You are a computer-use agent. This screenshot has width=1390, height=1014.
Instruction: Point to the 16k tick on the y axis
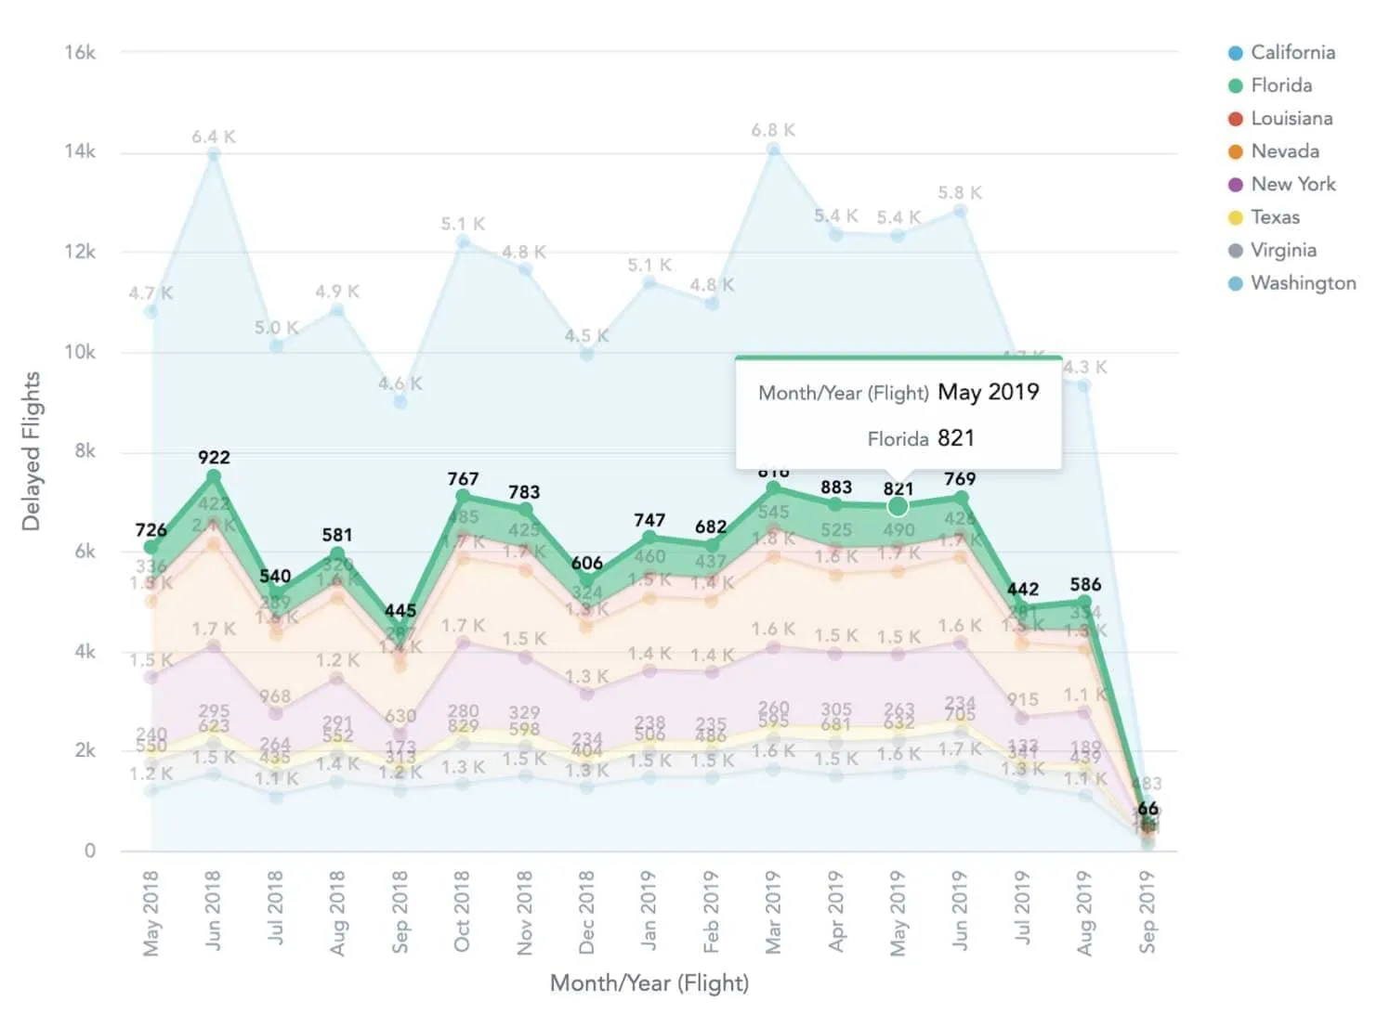(x=80, y=53)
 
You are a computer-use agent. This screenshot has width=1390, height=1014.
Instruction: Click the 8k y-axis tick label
(x=85, y=451)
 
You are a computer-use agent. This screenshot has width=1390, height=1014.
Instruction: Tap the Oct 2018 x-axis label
(x=462, y=911)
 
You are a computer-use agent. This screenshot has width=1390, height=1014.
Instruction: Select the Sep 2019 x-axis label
(x=1147, y=911)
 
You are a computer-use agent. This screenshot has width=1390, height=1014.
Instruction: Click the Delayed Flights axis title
(x=32, y=451)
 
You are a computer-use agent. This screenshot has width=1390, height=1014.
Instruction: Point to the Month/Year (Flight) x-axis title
(x=649, y=983)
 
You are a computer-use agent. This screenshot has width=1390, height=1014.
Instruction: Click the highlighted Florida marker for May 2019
(x=898, y=506)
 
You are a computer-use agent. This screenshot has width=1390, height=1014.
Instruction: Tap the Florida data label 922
(x=214, y=458)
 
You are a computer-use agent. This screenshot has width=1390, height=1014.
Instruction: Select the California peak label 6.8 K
(x=773, y=131)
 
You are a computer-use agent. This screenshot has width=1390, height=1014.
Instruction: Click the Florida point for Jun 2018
(x=214, y=476)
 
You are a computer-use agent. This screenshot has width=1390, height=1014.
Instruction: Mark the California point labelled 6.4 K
(x=214, y=155)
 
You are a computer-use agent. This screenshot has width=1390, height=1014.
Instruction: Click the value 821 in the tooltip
(x=956, y=438)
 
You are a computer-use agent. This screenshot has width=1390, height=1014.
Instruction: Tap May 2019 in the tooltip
(x=989, y=392)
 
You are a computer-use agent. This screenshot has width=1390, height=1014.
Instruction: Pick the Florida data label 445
(x=400, y=611)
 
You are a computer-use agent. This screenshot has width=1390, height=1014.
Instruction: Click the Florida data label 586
(x=1085, y=585)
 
